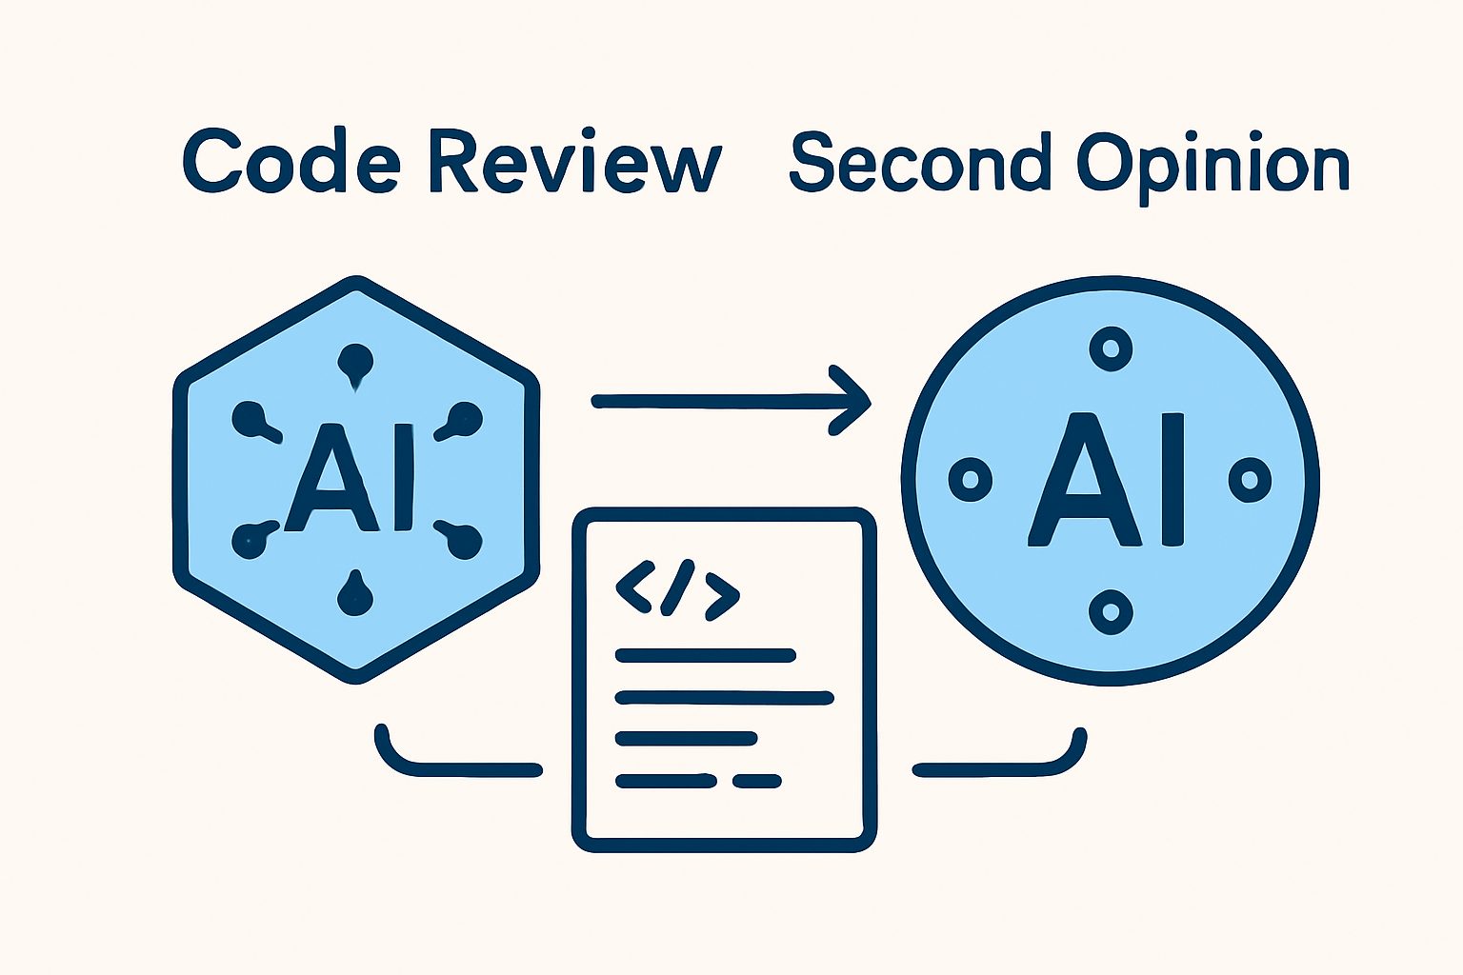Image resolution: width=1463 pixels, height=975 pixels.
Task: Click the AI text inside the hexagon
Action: click(350, 478)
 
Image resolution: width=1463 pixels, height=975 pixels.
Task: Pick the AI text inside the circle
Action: click(1107, 479)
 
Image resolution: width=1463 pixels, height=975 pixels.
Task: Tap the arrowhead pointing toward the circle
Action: click(849, 400)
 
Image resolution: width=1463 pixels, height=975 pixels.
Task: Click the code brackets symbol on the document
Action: click(677, 588)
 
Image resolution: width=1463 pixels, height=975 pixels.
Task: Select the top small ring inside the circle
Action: click(1111, 348)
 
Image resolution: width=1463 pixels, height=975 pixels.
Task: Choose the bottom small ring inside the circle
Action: click(1111, 612)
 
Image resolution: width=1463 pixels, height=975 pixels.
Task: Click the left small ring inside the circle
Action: click(970, 479)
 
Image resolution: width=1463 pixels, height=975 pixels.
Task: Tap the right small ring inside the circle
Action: click(1250, 480)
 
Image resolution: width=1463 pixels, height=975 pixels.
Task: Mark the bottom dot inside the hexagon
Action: click(355, 593)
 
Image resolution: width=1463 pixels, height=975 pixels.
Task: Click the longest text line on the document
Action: click(724, 698)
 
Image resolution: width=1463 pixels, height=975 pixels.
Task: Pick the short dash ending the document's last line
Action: click(757, 781)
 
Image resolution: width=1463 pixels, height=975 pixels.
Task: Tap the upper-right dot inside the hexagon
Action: click(460, 421)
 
